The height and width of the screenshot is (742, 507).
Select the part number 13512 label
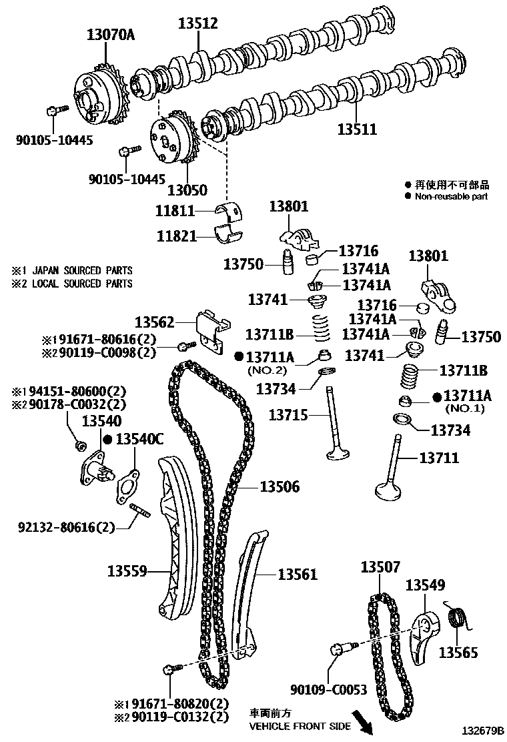coord(197,23)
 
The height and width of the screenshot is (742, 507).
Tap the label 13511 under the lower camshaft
coord(356,129)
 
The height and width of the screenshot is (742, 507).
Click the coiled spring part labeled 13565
coord(457,618)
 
